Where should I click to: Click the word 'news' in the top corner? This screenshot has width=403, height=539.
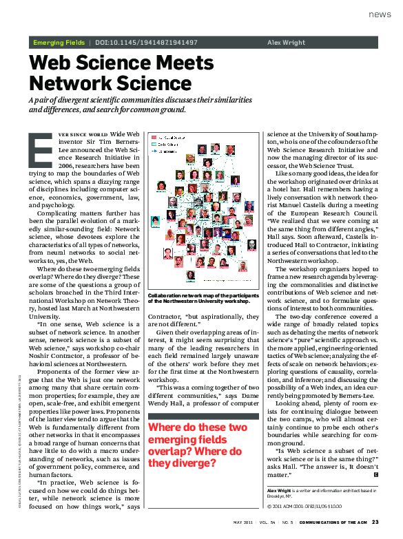point(380,14)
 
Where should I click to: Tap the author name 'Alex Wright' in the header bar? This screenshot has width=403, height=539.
point(285,43)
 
